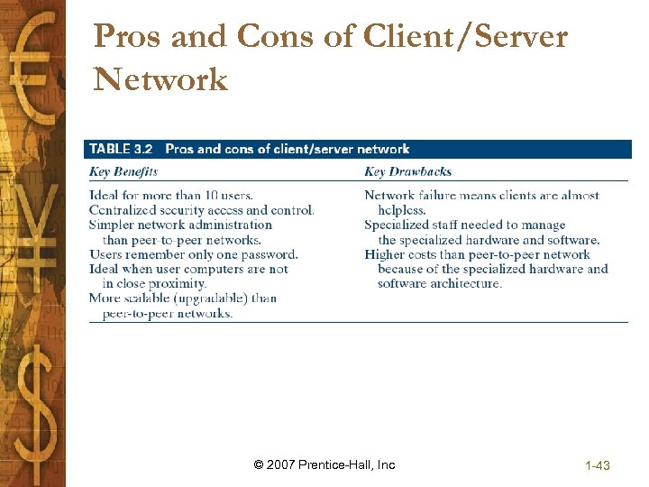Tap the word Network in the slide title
pos(160,79)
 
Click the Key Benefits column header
pos(123,171)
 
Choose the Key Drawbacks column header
pos(407,171)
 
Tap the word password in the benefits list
pos(269,254)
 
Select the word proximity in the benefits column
pos(178,283)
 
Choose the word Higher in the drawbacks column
pos(385,254)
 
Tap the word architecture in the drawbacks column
pos(464,283)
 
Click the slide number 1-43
pos(598,465)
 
